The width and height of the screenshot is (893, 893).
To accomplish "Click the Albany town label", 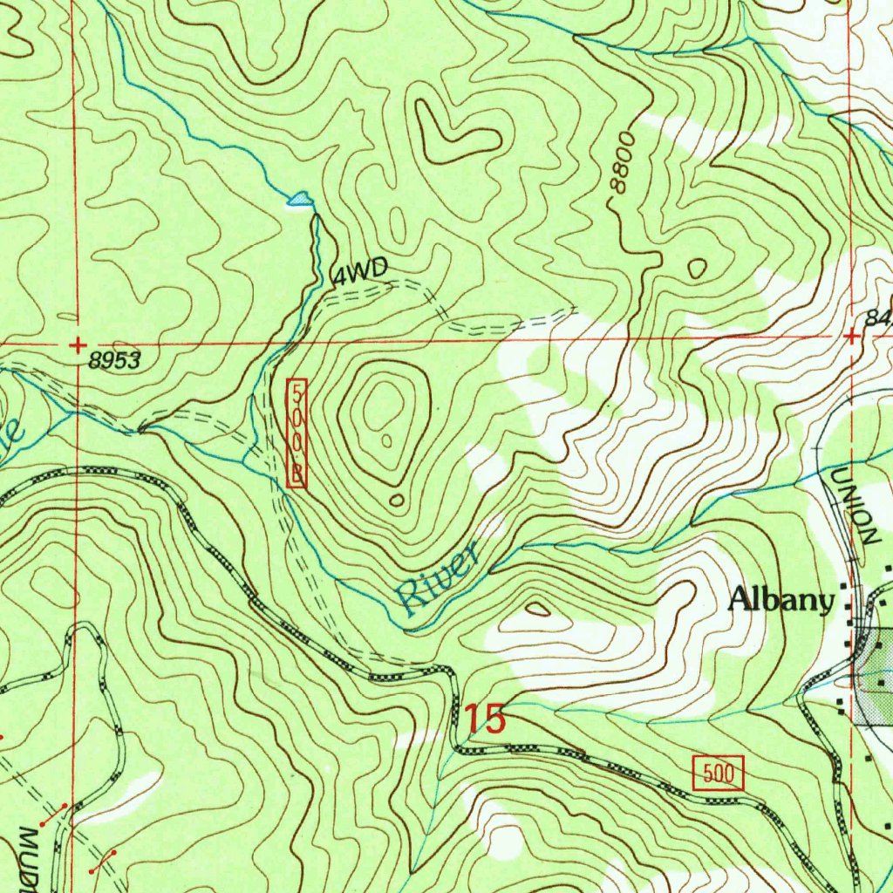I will [x=781, y=600].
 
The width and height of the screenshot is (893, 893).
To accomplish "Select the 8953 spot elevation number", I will [x=115, y=361].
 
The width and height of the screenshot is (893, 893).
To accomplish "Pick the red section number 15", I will [x=484, y=719].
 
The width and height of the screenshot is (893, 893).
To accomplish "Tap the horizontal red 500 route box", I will [x=719, y=774].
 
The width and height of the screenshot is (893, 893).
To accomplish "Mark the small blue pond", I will [x=299, y=200].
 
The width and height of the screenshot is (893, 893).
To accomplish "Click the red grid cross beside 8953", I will [x=78, y=344].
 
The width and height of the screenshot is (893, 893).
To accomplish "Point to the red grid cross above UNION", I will [x=851, y=336].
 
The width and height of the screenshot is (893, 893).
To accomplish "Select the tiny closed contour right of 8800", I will [x=697, y=269].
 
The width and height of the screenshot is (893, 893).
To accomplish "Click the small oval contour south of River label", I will [x=536, y=609].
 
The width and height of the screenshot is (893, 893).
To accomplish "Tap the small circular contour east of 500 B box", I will [x=398, y=500].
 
